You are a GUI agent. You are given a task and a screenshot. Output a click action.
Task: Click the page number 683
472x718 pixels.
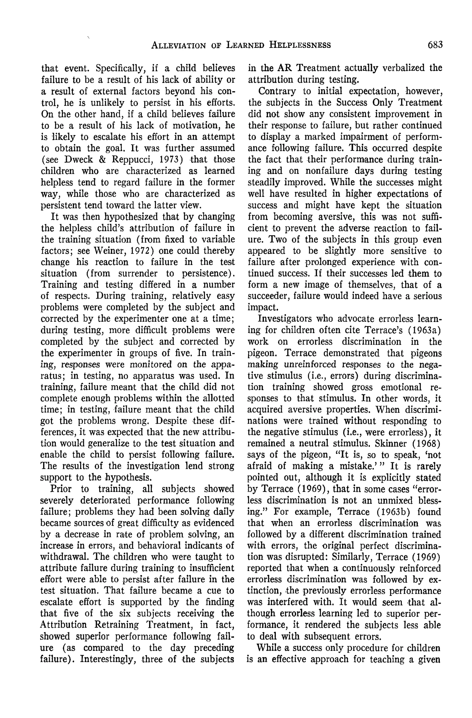tap(435, 45)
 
